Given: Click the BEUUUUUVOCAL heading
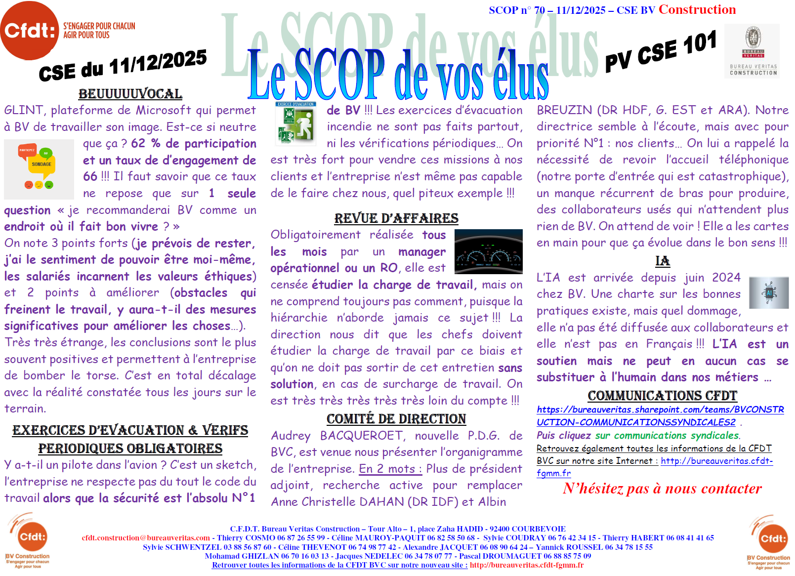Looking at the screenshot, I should [130, 94].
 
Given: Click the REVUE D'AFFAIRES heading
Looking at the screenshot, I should [396, 218].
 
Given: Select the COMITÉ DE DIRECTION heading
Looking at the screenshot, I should [396, 419].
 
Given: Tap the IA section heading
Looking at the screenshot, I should [663, 261].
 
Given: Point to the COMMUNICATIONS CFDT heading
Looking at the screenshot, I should [662, 396].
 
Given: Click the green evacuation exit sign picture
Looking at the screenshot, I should [295, 123].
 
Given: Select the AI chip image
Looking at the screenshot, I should [768, 292].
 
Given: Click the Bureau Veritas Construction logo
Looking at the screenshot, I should [753, 51].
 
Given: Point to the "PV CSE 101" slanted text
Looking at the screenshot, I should [661, 51].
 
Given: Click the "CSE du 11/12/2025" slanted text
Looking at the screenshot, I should [123, 65].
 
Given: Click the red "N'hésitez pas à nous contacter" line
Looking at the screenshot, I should [662, 489].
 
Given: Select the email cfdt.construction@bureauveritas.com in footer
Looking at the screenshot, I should [146, 538].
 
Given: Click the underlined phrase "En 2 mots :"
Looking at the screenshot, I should [390, 469].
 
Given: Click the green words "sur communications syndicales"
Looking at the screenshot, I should [667, 436].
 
